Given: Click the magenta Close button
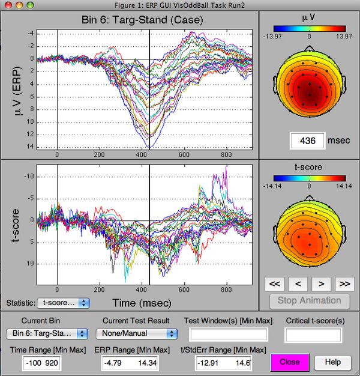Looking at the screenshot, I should [x=290, y=362].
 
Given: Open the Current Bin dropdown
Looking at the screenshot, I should [x=47, y=333].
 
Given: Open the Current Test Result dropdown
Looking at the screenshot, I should [x=139, y=333].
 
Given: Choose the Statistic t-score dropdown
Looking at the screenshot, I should [x=63, y=303].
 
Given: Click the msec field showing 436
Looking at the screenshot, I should [x=307, y=141].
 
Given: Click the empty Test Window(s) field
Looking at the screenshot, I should [x=229, y=334].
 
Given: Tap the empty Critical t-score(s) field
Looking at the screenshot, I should [x=313, y=334].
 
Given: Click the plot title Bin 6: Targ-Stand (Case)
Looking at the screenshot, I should [x=143, y=19].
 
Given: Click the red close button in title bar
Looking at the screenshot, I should [x=8, y=5].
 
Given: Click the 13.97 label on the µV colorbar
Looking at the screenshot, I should [x=337, y=35].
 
